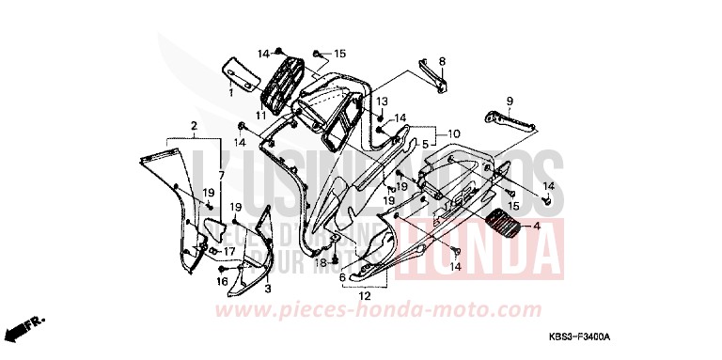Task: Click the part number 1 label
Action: [230, 94]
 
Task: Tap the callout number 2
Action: [194, 125]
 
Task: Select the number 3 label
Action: [267, 289]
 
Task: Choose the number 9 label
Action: [509, 101]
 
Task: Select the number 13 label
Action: [383, 101]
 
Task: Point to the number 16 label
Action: [223, 281]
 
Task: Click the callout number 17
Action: [229, 251]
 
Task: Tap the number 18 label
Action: [321, 263]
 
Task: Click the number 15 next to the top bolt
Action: [339, 54]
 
